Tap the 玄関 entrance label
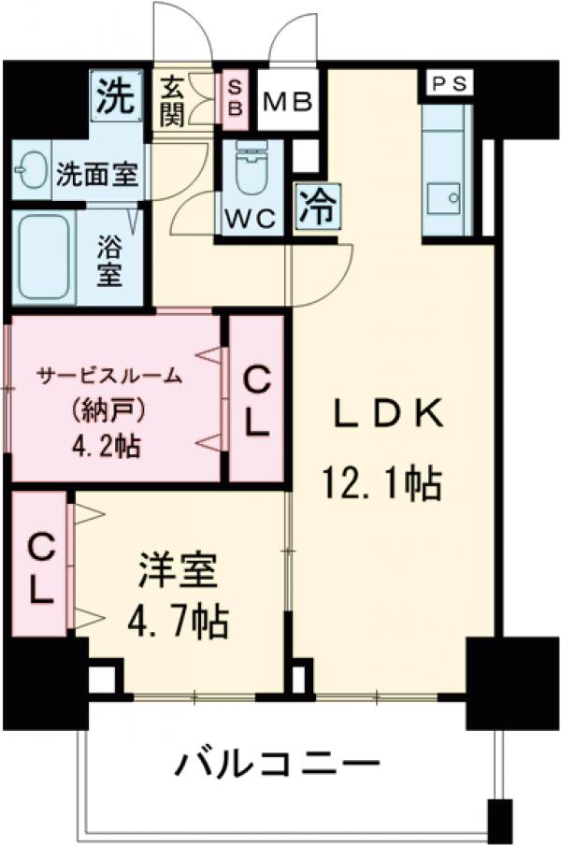173,102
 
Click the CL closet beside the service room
256,400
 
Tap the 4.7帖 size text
177,621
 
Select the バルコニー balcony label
278,767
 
